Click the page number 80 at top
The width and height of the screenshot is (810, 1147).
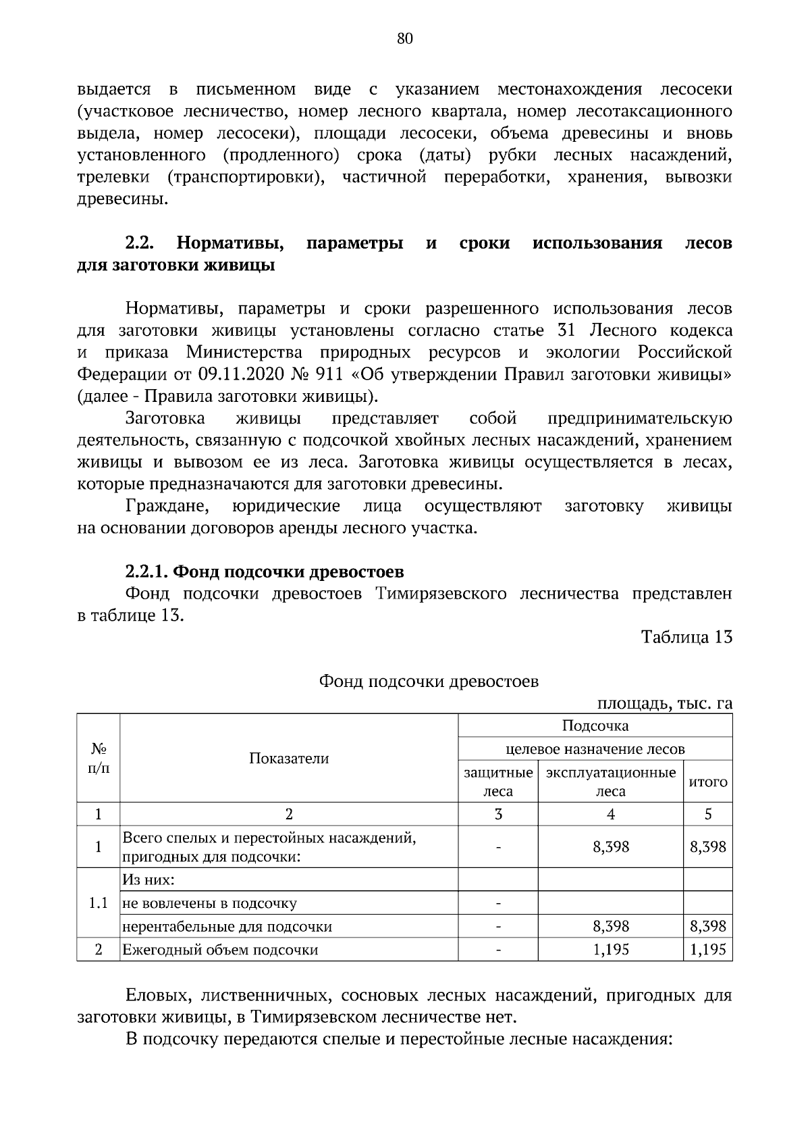(x=404, y=39)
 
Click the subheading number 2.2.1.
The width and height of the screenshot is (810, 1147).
(x=146, y=571)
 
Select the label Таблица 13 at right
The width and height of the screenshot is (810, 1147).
(x=686, y=637)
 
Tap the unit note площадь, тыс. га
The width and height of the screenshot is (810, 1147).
(x=664, y=703)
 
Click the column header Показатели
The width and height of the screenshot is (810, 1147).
(x=289, y=758)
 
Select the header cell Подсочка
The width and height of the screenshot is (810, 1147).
(x=595, y=725)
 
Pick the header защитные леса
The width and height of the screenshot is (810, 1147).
(x=498, y=782)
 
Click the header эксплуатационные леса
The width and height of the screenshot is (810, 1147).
(x=610, y=782)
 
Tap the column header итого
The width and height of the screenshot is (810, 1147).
(x=707, y=782)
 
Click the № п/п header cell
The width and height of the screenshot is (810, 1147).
(x=99, y=758)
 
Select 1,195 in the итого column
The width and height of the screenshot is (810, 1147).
(x=707, y=949)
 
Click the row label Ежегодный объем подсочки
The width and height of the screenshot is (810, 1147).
(x=220, y=949)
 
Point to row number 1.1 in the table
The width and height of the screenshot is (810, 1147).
(x=99, y=903)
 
